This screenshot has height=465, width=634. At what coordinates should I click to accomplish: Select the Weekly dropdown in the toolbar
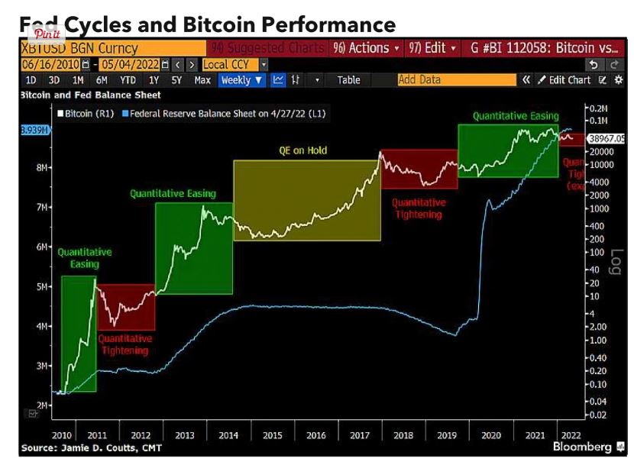[242, 79]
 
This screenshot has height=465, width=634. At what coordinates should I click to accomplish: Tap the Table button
[348, 79]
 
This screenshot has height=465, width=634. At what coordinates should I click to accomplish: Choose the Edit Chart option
[569, 79]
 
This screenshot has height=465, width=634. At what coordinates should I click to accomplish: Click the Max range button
[202, 79]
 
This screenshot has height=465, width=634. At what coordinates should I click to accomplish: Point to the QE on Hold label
[302, 150]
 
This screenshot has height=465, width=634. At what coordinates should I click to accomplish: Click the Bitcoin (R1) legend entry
[89, 115]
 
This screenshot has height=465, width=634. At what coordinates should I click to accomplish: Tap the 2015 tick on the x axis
[273, 435]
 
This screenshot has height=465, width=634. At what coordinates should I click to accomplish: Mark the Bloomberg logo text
[582, 446]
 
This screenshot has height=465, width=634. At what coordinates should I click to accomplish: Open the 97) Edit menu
[432, 47]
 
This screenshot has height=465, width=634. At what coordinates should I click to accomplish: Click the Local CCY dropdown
[235, 65]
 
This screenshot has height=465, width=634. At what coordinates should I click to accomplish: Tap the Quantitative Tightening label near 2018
[418, 208]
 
